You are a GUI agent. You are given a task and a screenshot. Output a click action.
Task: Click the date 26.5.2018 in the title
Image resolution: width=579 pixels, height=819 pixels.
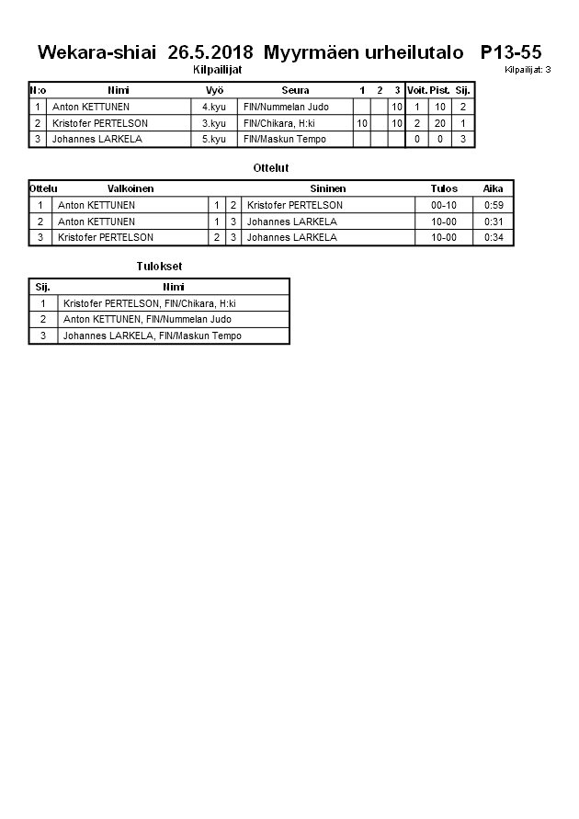211,52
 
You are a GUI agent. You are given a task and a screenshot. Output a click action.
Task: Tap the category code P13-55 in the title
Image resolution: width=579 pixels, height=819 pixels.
510,52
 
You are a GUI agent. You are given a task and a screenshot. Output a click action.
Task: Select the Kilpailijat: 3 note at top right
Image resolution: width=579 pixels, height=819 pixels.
528,70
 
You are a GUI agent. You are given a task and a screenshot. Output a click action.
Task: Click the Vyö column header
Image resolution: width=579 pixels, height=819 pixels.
214,90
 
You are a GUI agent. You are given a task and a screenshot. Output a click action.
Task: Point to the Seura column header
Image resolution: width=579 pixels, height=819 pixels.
295,90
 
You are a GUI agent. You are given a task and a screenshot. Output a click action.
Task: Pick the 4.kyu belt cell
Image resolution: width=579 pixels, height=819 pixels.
214,107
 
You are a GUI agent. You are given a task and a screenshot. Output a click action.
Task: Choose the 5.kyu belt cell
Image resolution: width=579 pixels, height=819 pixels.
214,139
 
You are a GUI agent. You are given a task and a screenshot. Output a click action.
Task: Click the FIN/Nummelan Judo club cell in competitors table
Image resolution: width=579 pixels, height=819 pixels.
286,107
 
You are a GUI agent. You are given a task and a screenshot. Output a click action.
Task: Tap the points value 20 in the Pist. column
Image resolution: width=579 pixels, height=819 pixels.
440,123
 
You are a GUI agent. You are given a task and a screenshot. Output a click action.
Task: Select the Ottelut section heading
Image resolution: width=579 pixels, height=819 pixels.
271,168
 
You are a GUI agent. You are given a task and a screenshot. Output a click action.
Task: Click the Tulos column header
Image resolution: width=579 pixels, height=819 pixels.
444,188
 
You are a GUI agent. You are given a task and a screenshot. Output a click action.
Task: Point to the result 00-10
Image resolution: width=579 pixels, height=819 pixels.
444,205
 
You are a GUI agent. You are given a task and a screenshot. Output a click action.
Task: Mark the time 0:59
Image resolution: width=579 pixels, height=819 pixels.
494,205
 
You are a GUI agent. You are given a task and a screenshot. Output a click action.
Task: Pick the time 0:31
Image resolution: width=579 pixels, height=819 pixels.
494,222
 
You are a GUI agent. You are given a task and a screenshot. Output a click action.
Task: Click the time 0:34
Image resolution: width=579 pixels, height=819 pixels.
494,237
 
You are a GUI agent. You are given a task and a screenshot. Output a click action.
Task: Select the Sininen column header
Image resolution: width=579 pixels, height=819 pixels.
328,188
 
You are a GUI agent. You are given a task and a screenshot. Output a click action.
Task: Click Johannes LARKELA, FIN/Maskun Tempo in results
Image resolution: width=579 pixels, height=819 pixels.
152,336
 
